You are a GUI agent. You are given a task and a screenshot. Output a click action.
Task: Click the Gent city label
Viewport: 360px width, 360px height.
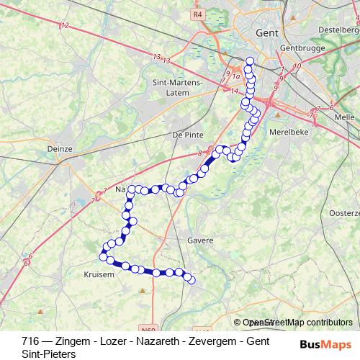coord(267,33)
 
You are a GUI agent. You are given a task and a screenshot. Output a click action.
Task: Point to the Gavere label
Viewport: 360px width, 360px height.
coord(200,240)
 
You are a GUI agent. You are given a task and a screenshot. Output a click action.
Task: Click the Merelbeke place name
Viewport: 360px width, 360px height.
coord(287,132)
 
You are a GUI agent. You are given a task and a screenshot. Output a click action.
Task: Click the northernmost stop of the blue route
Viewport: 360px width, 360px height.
coord(250,61)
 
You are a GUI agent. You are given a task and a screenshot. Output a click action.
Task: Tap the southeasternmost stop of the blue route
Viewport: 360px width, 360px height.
coord(192,279)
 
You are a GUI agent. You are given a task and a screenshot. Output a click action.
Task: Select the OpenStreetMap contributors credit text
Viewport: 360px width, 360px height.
coord(297,323)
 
